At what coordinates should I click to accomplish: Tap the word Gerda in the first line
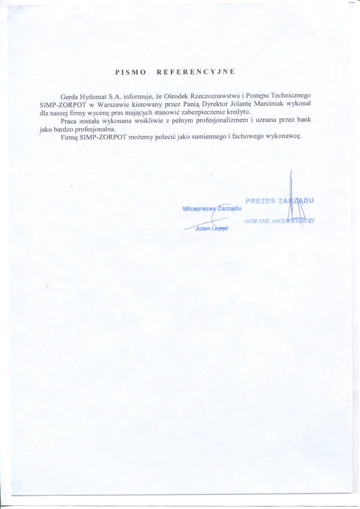(x=69, y=96)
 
